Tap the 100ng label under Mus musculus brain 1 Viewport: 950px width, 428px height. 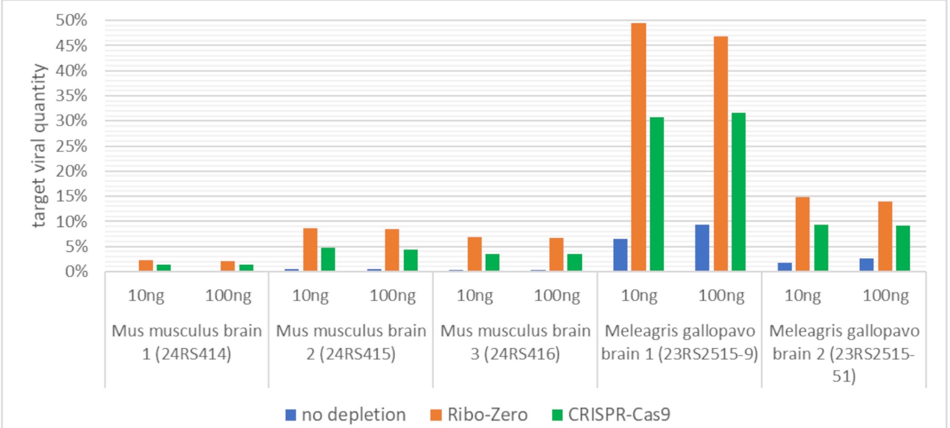tap(228, 296)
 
